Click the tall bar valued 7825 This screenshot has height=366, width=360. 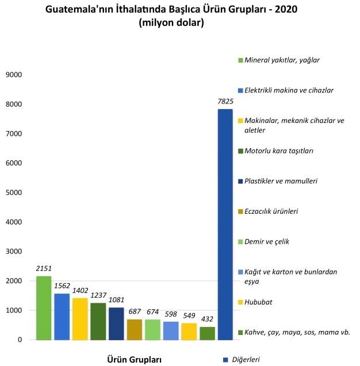(x=225, y=224)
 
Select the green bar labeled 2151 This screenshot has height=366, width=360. (x=44, y=308)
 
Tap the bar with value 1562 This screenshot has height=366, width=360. (x=62, y=317)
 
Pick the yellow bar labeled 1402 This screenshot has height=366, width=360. (x=80, y=319)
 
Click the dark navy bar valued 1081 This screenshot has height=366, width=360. (x=116, y=323)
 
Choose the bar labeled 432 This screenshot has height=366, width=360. (x=206, y=333)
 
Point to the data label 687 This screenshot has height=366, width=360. (x=134, y=311)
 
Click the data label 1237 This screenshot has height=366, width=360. (x=98, y=295)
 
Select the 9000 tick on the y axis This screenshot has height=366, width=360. (x=13, y=75)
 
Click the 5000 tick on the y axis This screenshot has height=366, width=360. (x=13, y=192)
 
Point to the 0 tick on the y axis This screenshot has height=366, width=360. (x=19, y=340)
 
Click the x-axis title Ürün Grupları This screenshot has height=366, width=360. (x=135, y=359)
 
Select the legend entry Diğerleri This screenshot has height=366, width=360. (x=245, y=360)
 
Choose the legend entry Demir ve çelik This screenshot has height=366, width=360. (x=267, y=241)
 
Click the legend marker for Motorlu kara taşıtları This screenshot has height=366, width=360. (x=240, y=151)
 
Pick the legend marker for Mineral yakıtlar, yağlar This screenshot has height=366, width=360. (x=240, y=60)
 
